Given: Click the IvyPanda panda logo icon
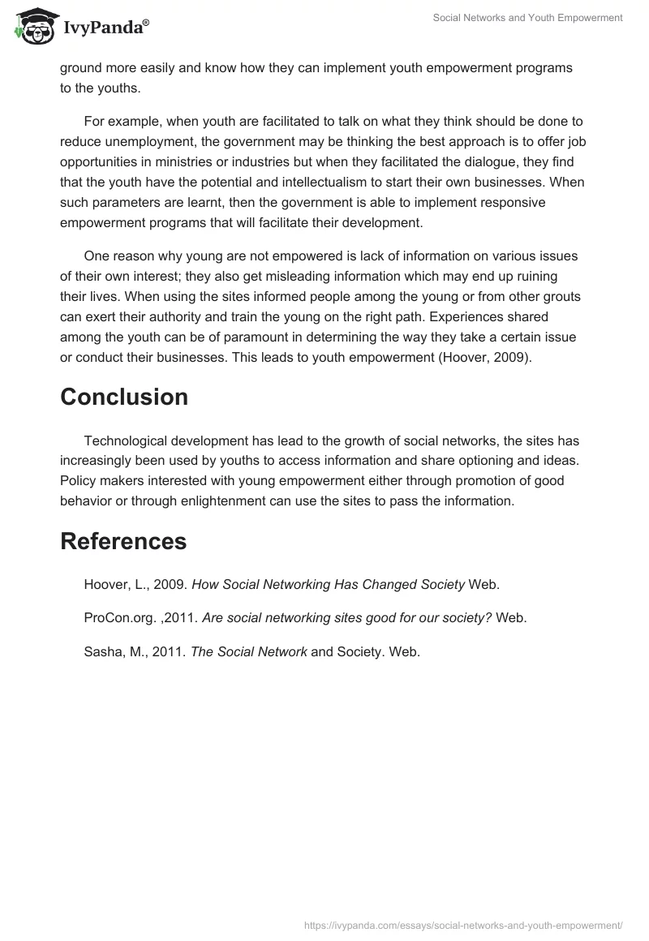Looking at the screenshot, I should pos(33,25).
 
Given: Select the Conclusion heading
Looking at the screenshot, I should pos(124,397).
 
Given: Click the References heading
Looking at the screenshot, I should pos(123,541).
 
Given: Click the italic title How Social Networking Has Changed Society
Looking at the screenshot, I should pos(328,584).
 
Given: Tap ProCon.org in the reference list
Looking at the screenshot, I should pos(119,618).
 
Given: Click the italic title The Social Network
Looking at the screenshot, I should pos(249,651).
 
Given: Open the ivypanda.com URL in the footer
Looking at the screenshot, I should pos(462,925).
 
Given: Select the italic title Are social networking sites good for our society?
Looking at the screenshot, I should pos(346,618).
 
